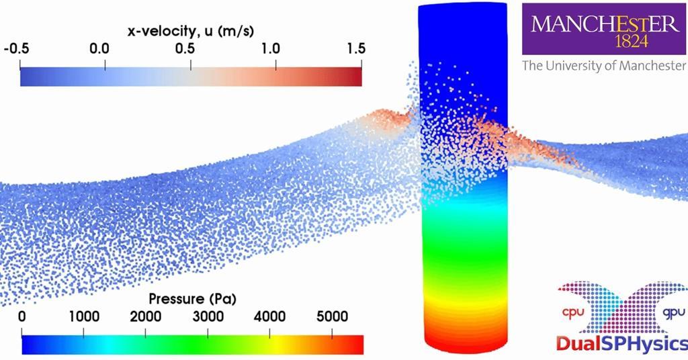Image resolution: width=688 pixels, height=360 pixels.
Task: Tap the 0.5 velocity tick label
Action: click(x=191, y=49)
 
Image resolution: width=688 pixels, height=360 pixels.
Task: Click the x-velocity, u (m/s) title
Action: click(x=190, y=31)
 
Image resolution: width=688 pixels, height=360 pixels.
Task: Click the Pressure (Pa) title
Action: click(x=192, y=298)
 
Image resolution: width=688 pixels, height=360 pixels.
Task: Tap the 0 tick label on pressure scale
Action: click(x=22, y=316)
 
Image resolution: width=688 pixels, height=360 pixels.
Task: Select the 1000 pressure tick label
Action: click(x=83, y=316)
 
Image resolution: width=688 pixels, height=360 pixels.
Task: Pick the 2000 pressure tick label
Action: click(x=146, y=316)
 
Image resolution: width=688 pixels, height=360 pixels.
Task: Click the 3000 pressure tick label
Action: click(x=208, y=316)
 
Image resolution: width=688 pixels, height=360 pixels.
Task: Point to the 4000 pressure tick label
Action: click(x=269, y=316)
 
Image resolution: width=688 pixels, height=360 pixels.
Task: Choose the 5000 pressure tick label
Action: click(x=332, y=316)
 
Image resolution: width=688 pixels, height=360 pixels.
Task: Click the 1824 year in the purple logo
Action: click(x=605, y=42)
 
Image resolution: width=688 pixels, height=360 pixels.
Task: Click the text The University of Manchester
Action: click(x=604, y=66)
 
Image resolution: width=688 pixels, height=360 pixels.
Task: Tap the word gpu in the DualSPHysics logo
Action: click(x=673, y=313)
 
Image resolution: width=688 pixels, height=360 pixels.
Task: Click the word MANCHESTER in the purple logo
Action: click(x=605, y=25)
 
